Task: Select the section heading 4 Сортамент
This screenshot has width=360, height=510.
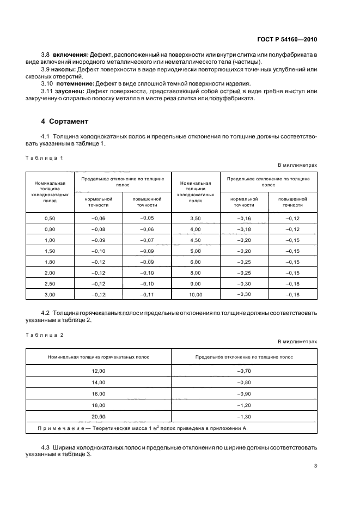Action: pos(67,121)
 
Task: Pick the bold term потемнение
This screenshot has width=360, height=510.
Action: pos(76,84)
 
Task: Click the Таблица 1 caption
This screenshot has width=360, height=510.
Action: pos(45,158)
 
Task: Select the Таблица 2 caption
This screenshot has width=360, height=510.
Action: pos(45,335)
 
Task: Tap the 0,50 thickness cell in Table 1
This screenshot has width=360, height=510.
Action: pos(50,218)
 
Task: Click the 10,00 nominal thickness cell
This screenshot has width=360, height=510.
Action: pos(195,294)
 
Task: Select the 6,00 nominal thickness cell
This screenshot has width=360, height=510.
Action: pos(195,262)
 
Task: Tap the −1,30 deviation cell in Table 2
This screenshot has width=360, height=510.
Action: pos(244,416)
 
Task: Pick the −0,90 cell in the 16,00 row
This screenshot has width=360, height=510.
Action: pos(244,393)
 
